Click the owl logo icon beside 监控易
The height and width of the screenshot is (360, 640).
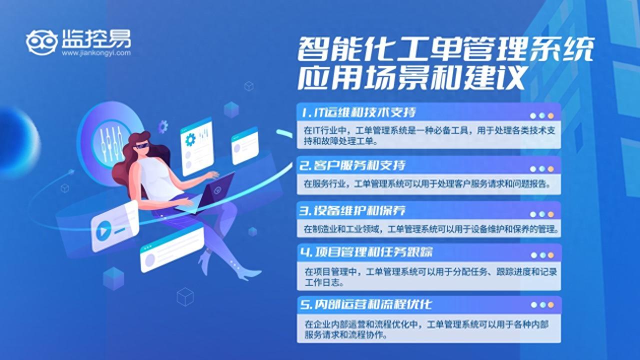tap(42, 42)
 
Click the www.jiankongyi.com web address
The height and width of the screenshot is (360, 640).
tap(96, 52)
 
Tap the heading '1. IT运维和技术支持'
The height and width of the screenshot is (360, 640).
tap(358, 112)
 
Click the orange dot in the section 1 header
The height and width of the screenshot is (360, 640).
tap(550, 115)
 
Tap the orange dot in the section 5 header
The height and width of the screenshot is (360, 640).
tap(550, 304)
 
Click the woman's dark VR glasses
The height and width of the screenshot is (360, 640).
tap(142, 145)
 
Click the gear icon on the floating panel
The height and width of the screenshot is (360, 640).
tap(190, 139)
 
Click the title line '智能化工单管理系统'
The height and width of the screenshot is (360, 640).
tap(445, 50)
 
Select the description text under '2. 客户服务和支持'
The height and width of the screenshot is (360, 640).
tap(427, 184)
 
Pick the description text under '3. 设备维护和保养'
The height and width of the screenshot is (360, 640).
tap(430, 229)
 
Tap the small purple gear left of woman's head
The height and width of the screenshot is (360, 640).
tap(162, 126)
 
